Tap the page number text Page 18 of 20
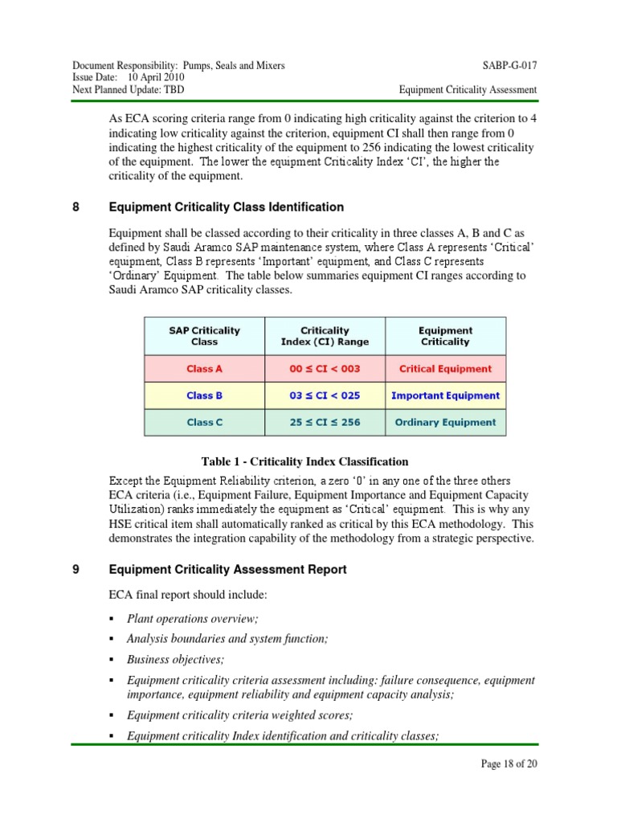pos(509,764)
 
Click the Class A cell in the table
pos(204,369)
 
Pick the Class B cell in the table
pos(204,395)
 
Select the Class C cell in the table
pos(204,422)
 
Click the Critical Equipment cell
pos(445,369)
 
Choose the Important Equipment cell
pos(445,395)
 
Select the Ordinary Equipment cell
pos(445,422)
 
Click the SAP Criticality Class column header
pos(204,336)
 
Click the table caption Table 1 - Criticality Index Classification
pos(304,461)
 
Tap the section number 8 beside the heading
pos(76,207)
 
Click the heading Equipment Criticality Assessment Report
pos(227,569)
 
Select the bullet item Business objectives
pos(176,659)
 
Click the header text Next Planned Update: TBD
pos(128,89)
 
